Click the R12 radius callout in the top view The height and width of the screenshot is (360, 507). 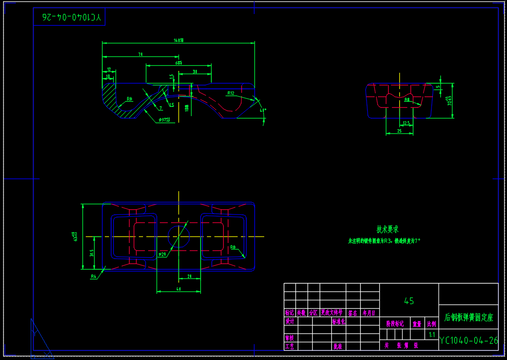(231, 93)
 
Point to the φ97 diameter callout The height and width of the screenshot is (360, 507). (164, 120)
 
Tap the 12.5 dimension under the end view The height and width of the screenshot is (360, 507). (406, 123)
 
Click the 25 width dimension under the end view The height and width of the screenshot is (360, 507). (399, 131)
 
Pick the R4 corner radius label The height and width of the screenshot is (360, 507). (94, 277)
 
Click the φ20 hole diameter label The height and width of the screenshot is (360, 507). (162, 255)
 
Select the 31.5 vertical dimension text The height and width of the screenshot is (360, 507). (91, 253)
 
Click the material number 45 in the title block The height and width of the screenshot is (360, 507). (409, 301)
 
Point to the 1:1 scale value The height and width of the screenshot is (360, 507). (432, 335)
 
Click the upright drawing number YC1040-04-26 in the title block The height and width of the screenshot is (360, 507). (469, 340)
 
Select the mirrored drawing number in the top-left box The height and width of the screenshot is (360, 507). (71, 18)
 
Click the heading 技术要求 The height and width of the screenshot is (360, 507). (388, 229)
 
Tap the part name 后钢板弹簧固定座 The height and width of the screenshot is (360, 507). (468, 318)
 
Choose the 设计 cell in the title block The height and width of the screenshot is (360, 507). (290, 321)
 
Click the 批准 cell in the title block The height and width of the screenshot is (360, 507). (337, 346)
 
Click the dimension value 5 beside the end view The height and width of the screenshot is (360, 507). (438, 87)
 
